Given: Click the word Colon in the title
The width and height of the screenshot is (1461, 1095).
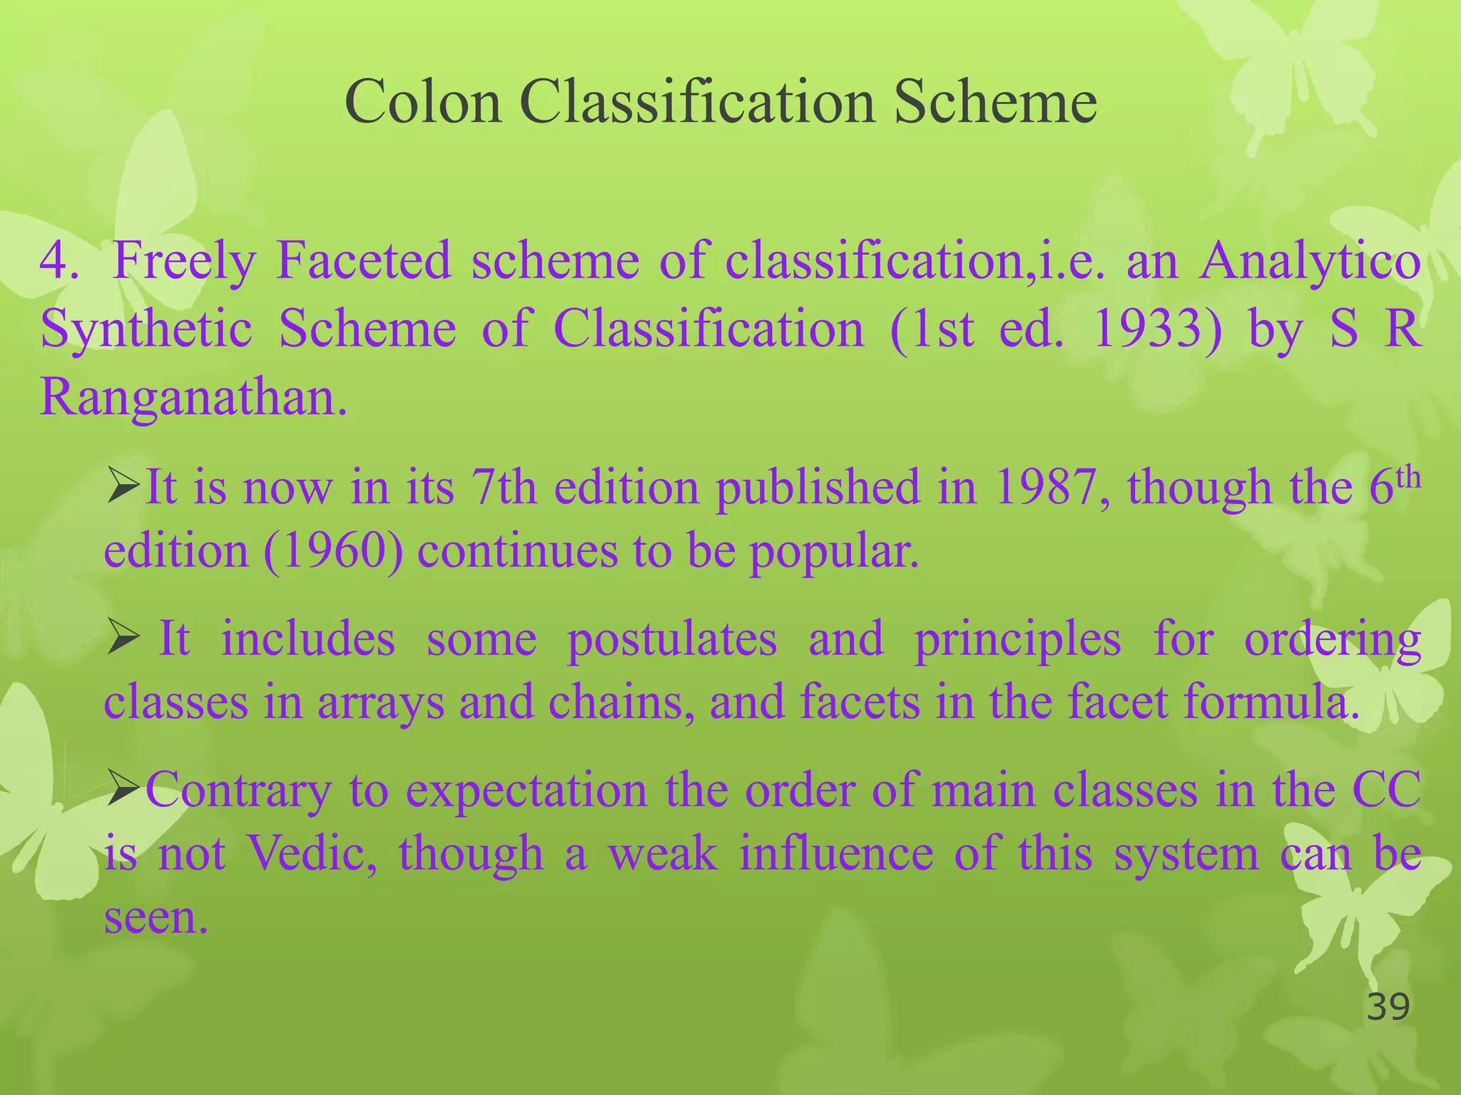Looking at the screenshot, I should point(423,102).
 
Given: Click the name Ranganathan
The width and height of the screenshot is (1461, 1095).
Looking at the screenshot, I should point(193,396).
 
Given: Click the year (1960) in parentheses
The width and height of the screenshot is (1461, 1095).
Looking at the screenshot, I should point(332,551).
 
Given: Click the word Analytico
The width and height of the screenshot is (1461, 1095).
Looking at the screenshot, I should point(1310,261).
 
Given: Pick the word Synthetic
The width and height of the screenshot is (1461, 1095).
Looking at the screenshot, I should point(146,330).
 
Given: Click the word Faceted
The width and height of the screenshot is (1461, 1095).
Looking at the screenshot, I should point(363,261).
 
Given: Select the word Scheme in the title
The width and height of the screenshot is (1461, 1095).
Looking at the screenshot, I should point(994,102).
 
